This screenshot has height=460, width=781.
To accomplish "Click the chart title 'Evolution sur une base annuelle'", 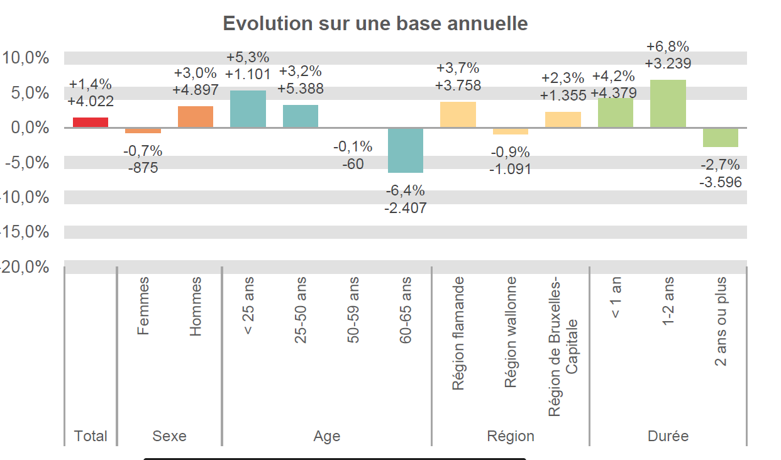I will pyautogui.click(x=375, y=24).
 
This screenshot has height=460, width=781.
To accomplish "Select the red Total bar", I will pyautogui.click(x=91, y=123).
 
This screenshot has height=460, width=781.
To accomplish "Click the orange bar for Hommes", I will pyautogui.click(x=196, y=117).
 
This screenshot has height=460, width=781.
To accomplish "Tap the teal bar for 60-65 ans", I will pyautogui.click(x=406, y=150).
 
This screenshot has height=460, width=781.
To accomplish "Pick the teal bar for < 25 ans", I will pyautogui.click(x=248, y=109).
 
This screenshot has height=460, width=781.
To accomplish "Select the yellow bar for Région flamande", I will pyautogui.click(x=458, y=115).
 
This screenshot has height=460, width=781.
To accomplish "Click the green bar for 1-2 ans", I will pyautogui.click(x=668, y=104).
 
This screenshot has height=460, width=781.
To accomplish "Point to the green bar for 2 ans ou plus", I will pyautogui.click(x=721, y=138).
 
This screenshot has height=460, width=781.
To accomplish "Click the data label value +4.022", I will pyautogui.click(x=91, y=101).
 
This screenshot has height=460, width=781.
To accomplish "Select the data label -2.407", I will pyautogui.click(x=406, y=207).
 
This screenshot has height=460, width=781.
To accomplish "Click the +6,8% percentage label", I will pyautogui.click(x=668, y=47).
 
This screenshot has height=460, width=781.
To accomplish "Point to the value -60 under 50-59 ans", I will pyautogui.click(x=353, y=165).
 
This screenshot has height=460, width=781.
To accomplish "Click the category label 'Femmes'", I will pyautogui.click(x=143, y=306).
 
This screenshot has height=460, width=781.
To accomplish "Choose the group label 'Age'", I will pyautogui.click(x=327, y=436).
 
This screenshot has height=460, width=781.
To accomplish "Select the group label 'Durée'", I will pyautogui.click(x=668, y=436).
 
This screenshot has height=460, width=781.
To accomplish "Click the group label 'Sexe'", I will pyautogui.click(x=170, y=436).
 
